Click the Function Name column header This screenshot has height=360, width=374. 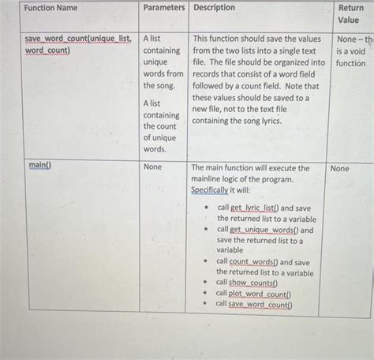point(50,8)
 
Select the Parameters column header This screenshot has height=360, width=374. point(164,8)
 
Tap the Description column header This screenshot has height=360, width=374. point(215,8)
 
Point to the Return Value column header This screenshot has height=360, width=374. point(350,13)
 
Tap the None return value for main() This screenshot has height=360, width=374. point(339,168)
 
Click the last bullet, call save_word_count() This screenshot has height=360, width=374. point(254,304)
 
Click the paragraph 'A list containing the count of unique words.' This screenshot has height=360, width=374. point(161,126)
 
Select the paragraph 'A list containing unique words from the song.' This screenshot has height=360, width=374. point(163,62)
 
